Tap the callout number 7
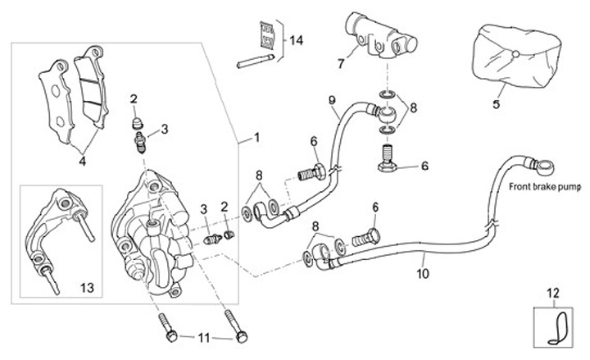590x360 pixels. coord(340,62)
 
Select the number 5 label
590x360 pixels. coord(496,104)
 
